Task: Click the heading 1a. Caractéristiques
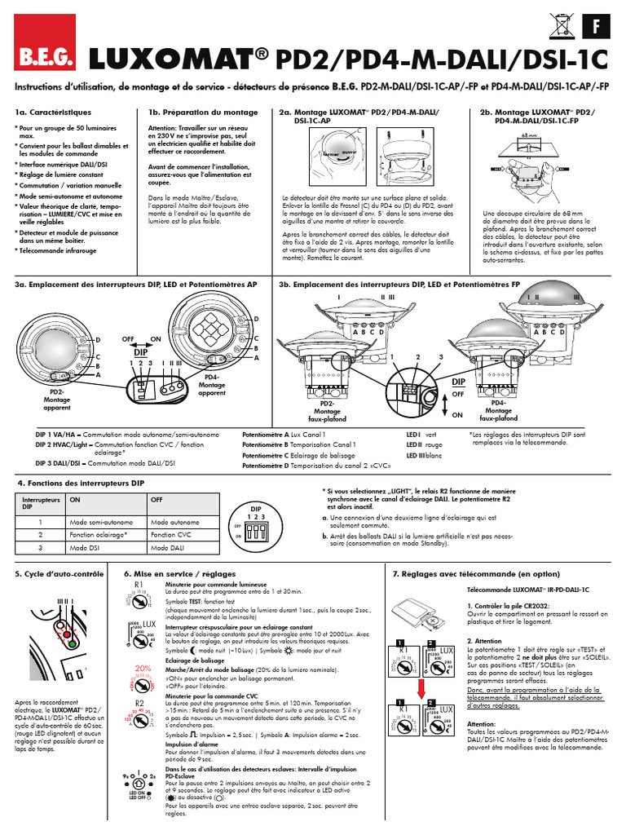coord(53,112)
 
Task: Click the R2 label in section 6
coord(139,702)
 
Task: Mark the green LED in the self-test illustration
coord(72,643)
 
